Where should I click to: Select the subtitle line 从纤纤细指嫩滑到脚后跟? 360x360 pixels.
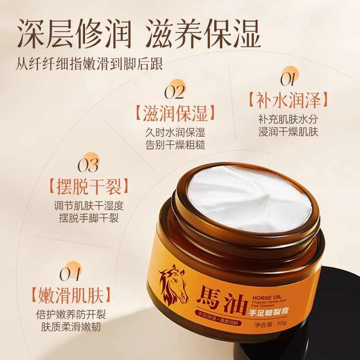(89, 63)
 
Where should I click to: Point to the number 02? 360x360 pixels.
(174, 92)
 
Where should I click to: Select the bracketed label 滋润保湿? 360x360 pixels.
(174, 112)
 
